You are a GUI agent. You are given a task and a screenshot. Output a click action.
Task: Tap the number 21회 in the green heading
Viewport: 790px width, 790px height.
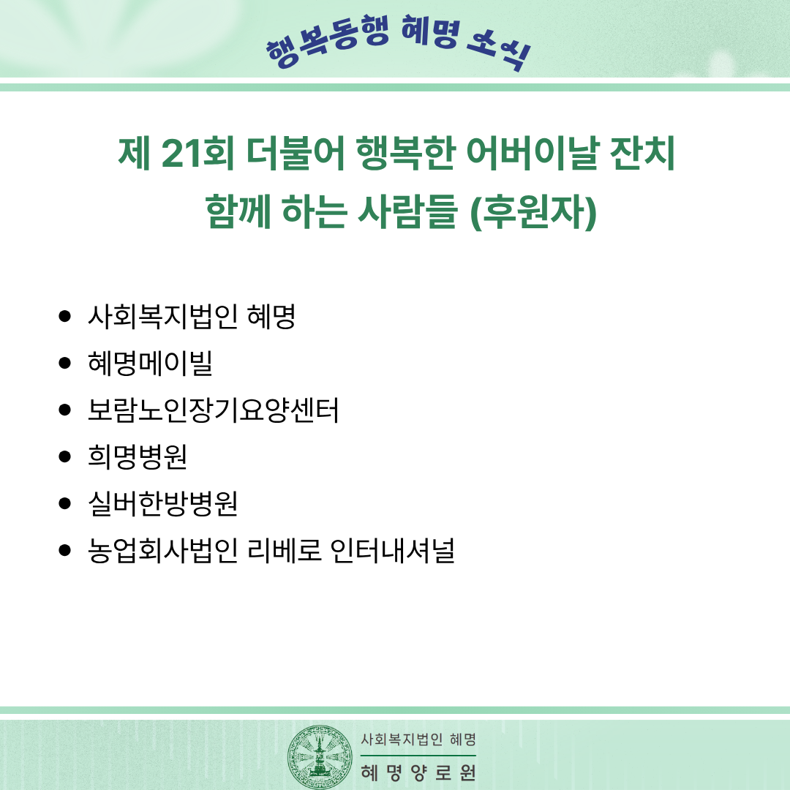pyautogui.click(x=197, y=153)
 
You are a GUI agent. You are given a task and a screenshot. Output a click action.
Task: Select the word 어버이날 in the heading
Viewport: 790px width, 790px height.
pyautogui.click(x=533, y=153)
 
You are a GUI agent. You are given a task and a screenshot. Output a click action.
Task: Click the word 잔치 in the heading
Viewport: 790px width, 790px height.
pyautogui.click(x=642, y=153)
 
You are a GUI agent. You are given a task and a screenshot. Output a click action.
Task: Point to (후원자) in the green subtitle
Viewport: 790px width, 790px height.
pyautogui.click(x=533, y=211)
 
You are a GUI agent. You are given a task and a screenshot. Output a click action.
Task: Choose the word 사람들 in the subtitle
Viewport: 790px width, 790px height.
pyautogui.click(x=407, y=211)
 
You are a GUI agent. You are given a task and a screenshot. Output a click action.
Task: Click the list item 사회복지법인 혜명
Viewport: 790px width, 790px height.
pyautogui.click(x=192, y=317)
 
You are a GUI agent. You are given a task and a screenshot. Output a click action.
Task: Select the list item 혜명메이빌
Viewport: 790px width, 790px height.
pyautogui.click(x=150, y=363)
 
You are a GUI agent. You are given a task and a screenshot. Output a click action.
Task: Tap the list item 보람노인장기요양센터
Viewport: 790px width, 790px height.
pyautogui.click(x=213, y=410)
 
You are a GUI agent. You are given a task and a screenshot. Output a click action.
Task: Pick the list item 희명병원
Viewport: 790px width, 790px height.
pyautogui.click(x=138, y=456)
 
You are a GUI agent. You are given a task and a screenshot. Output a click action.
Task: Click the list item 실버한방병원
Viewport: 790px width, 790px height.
pyautogui.click(x=162, y=503)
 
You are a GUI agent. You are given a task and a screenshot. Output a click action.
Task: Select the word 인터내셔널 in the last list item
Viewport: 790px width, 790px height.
pyautogui.click(x=393, y=550)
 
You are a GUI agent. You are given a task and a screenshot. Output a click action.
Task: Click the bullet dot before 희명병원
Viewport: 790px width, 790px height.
pyautogui.click(x=64, y=456)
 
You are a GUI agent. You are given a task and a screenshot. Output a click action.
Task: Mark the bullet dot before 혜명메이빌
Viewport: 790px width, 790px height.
pyautogui.click(x=64, y=363)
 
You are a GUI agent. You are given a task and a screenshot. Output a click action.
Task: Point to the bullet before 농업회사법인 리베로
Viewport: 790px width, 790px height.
pyautogui.click(x=64, y=550)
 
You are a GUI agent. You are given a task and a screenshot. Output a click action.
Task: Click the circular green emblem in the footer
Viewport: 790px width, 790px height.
pyautogui.click(x=320, y=757)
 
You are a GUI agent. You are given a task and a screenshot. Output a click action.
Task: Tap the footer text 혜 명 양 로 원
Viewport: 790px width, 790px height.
pyautogui.click(x=418, y=772)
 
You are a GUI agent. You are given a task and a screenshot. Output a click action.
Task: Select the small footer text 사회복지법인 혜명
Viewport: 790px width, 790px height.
pyautogui.click(x=418, y=739)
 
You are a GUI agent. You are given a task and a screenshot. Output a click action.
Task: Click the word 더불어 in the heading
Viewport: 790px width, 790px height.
pyautogui.click(x=296, y=153)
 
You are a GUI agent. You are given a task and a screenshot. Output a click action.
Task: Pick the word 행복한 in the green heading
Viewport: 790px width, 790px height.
pyautogui.click(x=405, y=153)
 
